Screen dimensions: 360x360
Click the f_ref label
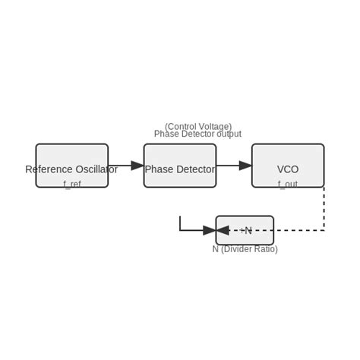[72, 184]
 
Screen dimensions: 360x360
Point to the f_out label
[288, 184]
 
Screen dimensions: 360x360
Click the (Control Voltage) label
[198, 126]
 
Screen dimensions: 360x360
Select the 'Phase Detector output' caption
[197, 134]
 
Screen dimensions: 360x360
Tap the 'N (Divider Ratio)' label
[245, 249]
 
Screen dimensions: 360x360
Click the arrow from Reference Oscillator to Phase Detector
[125, 166]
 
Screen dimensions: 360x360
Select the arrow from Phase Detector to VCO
[234, 166]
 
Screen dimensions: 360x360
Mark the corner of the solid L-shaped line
[180, 229]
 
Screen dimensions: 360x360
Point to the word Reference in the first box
[49, 169]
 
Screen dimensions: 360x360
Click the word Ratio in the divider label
[262, 249]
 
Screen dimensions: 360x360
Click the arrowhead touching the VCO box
[246, 166]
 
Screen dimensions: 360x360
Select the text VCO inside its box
[288, 169]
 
